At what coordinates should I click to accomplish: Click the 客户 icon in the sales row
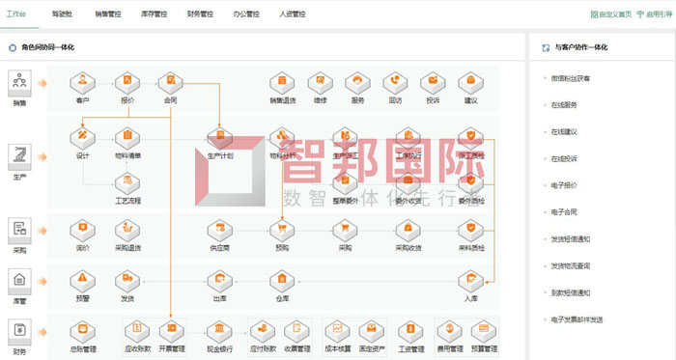pyautogui.click(x=82, y=81)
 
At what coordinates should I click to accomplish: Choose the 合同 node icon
pyautogui.click(x=170, y=81)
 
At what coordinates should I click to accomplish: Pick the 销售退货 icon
pyautogui.click(x=282, y=81)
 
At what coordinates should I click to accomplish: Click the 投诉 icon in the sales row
pyautogui.click(x=433, y=81)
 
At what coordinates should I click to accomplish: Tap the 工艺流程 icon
pyautogui.click(x=127, y=181)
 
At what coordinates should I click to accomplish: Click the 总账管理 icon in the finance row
pyautogui.click(x=83, y=332)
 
